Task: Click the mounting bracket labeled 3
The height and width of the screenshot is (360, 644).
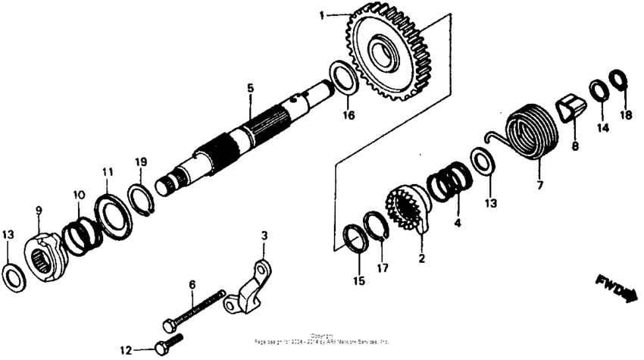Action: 250,291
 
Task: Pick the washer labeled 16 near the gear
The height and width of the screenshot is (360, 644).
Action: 342,79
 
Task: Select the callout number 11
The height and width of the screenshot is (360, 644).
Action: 108,172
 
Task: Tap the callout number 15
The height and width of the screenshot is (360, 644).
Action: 358,280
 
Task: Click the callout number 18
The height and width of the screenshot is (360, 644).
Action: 624,114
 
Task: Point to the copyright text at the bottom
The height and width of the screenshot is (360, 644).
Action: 322,339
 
